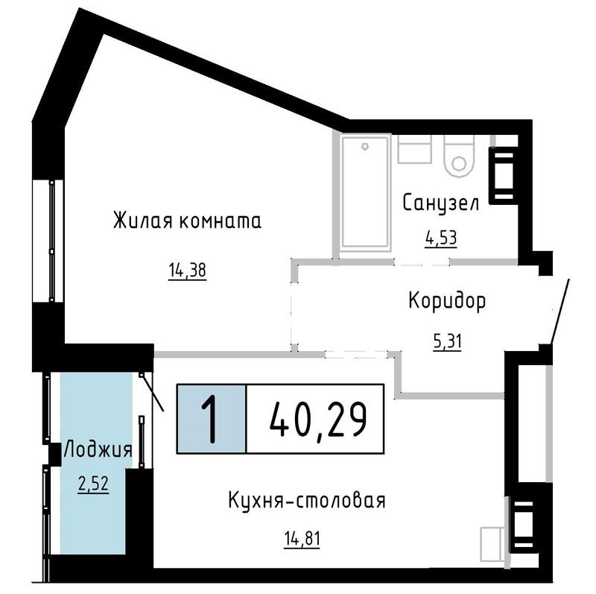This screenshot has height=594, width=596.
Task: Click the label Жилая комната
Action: click(188, 221)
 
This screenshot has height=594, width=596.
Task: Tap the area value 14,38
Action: click(188, 271)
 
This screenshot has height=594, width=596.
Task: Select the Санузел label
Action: click(440, 203)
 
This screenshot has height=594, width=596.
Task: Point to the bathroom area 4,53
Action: click(441, 238)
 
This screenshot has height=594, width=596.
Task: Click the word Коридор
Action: click(447, 302)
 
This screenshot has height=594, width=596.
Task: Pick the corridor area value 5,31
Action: click(448, 341)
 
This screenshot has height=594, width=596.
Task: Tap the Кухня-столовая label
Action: click(307, 500)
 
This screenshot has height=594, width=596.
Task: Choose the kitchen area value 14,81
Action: click(302, 539)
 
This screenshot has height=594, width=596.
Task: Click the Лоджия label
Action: click(98, 450)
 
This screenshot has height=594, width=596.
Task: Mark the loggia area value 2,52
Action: click(94, 484)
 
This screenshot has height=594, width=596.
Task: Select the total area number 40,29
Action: click(318, 420)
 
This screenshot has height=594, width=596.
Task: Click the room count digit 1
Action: click(209, 419)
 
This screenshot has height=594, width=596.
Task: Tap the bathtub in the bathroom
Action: click(365, 192)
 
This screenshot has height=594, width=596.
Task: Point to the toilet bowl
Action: click(460, 156)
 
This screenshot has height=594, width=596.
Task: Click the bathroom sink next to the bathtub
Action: click(415, 149)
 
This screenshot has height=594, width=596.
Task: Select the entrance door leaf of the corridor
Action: click(559, 310)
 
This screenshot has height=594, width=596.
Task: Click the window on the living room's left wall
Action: click(48, 241)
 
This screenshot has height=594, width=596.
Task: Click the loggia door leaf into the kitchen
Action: click(152, 392)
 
